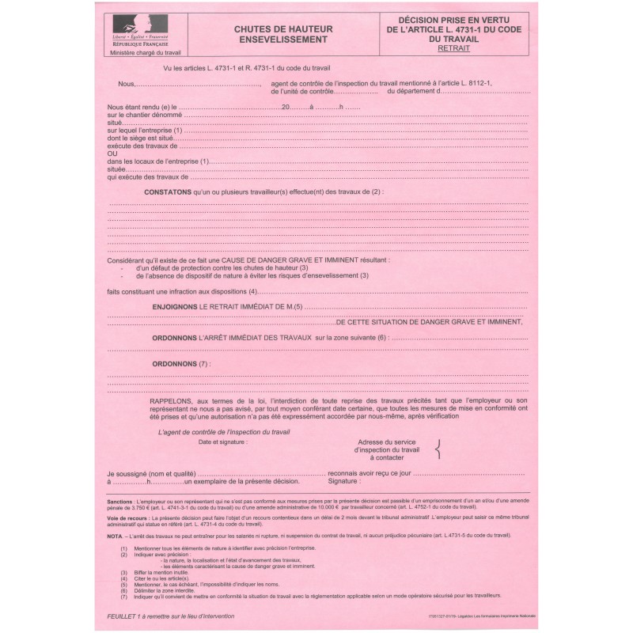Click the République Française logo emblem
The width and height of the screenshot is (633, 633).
tap(137, 31)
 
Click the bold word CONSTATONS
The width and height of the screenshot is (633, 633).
tap(167, 191)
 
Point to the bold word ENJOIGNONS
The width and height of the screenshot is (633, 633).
tap(175, 305)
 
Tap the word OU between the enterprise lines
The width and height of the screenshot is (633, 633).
tap(112, 154)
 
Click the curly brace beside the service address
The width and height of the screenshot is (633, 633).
tap(438, 449)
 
